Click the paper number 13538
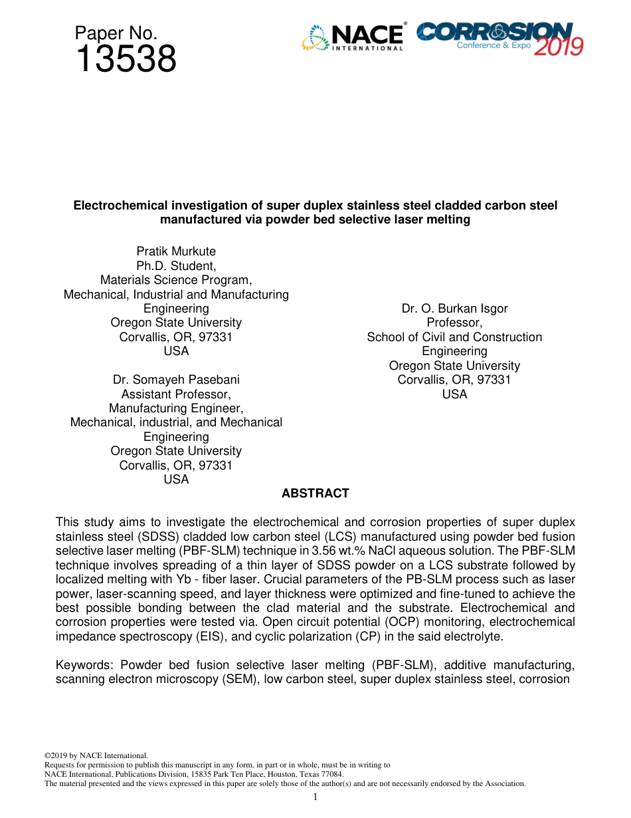(126, 60)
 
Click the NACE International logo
(353, 37)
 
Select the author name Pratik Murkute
(176, 251)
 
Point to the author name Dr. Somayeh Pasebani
(176, 380)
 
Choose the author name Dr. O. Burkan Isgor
(454, 309)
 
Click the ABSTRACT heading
(315, 493)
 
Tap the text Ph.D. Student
(176, 266)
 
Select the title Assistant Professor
(176, 394)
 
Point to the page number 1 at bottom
(315, 797)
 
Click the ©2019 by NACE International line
(96, 755)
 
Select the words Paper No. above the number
(116, 33)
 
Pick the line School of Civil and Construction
(454, 337)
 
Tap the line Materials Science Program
(176, 280)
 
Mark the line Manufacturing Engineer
(176, 408)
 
